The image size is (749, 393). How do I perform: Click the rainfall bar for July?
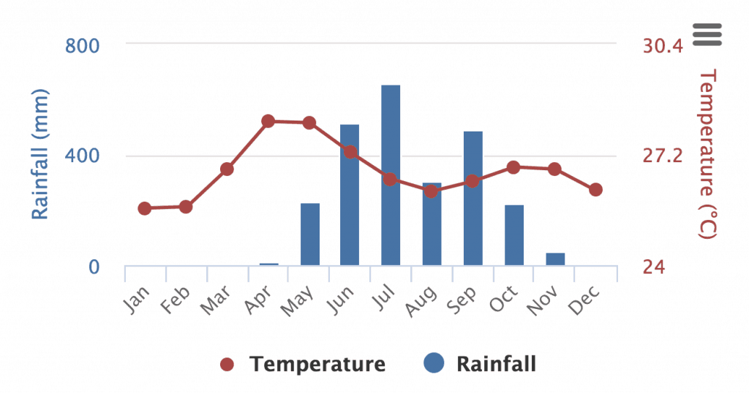(x=391, y=175)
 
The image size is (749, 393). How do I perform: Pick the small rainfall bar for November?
(x=555, y=259)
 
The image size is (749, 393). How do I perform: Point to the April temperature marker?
(x=268, y=121)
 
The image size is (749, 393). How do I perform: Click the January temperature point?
(x=145, y=209)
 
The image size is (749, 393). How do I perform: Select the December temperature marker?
(x=595, y=190)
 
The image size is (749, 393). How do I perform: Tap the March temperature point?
(x=227, y=169)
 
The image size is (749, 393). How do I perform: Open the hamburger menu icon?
(x=707, y=34)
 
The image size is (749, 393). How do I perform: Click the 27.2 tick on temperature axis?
(x=663, y=156)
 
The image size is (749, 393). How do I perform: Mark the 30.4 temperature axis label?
(x=663, y=46)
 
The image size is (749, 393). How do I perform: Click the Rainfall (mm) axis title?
(x=39, y=153)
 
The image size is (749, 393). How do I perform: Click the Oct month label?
(x=505, y=298)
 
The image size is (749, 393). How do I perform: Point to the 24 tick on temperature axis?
(x=655, y=267)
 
